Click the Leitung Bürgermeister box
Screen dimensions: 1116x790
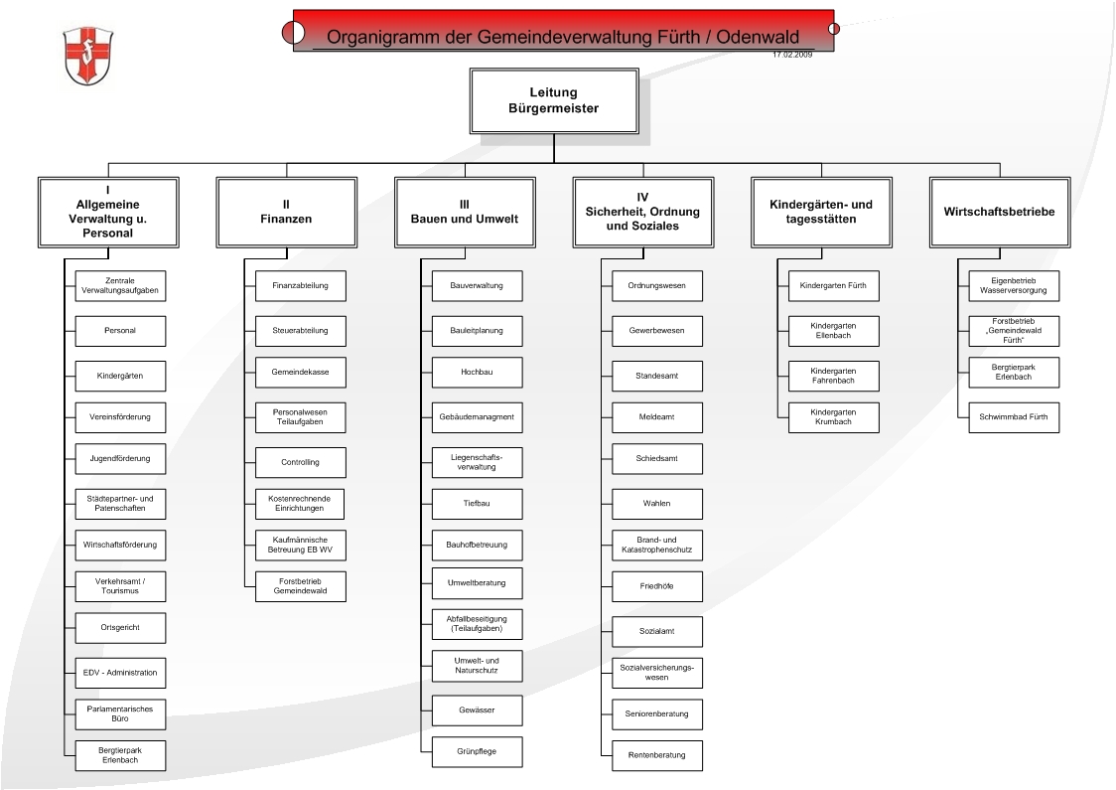pos(554,101)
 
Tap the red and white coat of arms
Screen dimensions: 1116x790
pos(88,56)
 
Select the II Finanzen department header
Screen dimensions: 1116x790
pos(286,213)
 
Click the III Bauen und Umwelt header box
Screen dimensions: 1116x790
pos(465,213)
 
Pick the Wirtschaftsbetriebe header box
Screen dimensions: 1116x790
pos(999,213)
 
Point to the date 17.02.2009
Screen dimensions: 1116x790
pos(792,54)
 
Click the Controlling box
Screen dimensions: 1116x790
pos(301,462)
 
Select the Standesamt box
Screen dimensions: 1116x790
pos(657,377)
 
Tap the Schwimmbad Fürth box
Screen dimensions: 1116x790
pos(1014,417)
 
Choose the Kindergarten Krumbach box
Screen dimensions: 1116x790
pos(833,417)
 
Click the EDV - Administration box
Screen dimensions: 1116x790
pos(120,673)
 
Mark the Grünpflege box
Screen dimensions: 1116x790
pos(477,751)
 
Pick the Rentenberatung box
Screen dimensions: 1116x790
pos(657,755)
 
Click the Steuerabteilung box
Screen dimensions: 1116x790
pos(301,331)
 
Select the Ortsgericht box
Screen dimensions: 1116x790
pos(120,628)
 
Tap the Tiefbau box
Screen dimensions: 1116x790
pos(477,504)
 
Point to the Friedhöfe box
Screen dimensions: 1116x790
pos(657,586)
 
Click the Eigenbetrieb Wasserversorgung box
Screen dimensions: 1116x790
pos(1014,285)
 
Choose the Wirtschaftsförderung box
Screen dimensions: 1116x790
pos(120,545)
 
